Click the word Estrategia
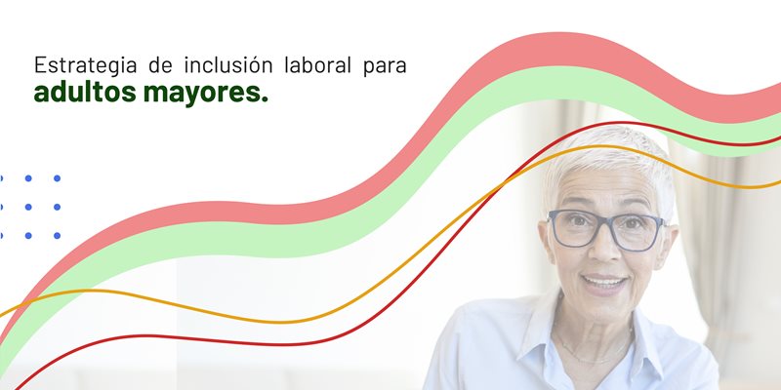click(x=80, y=67)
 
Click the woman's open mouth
click(x=605, y=283)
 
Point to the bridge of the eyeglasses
click(x=604, y=227)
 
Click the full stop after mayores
click(x=265, y=102)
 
